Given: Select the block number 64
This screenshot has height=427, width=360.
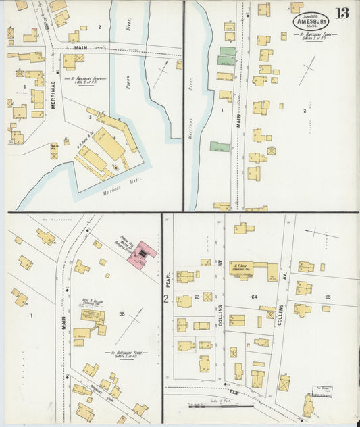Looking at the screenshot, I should coord(255,297).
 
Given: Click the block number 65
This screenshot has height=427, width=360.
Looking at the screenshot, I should coord(328,297).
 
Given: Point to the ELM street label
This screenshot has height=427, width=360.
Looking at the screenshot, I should coord(236,391).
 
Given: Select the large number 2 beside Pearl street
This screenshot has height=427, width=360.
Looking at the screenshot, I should coord(165,297).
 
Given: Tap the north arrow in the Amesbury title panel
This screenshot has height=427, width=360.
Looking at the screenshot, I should coord(308,70).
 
